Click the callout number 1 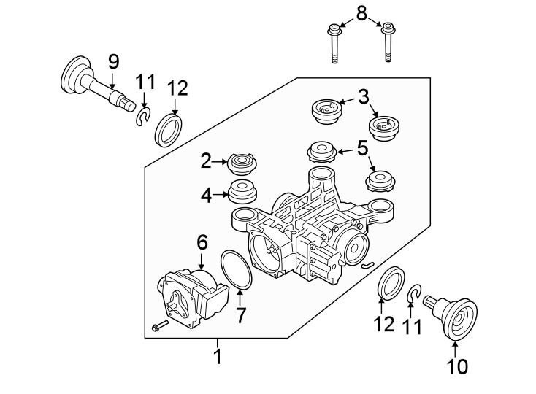click(x=217, y=358)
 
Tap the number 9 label click(x=113, y=61)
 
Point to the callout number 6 click(x=202, y=242)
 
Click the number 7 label click(x=240, y=315)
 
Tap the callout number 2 click(x=207, y=161)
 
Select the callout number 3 click(x=363, y=96)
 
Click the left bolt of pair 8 click(x=335, y=45)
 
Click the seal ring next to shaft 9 click(x=169, y=130)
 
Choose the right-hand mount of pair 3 click(x=384, y=130)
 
